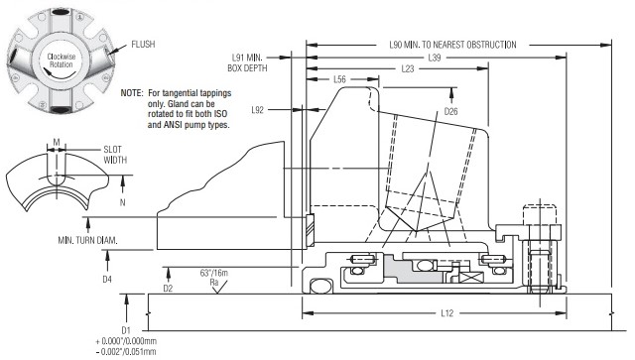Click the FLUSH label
[x=143, y=45]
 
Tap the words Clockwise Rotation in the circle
[x=62, y=60]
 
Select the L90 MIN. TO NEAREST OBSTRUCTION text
[x=452, y=45]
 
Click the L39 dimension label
[x=435, y=58]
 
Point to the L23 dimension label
[x=408, y=68]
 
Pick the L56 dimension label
[x=339, y=79]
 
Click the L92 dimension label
[x=258, y=110]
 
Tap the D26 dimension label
[x=450, y=111]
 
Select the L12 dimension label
[x=447, y=313]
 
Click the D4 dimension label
[x=107, y=279]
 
